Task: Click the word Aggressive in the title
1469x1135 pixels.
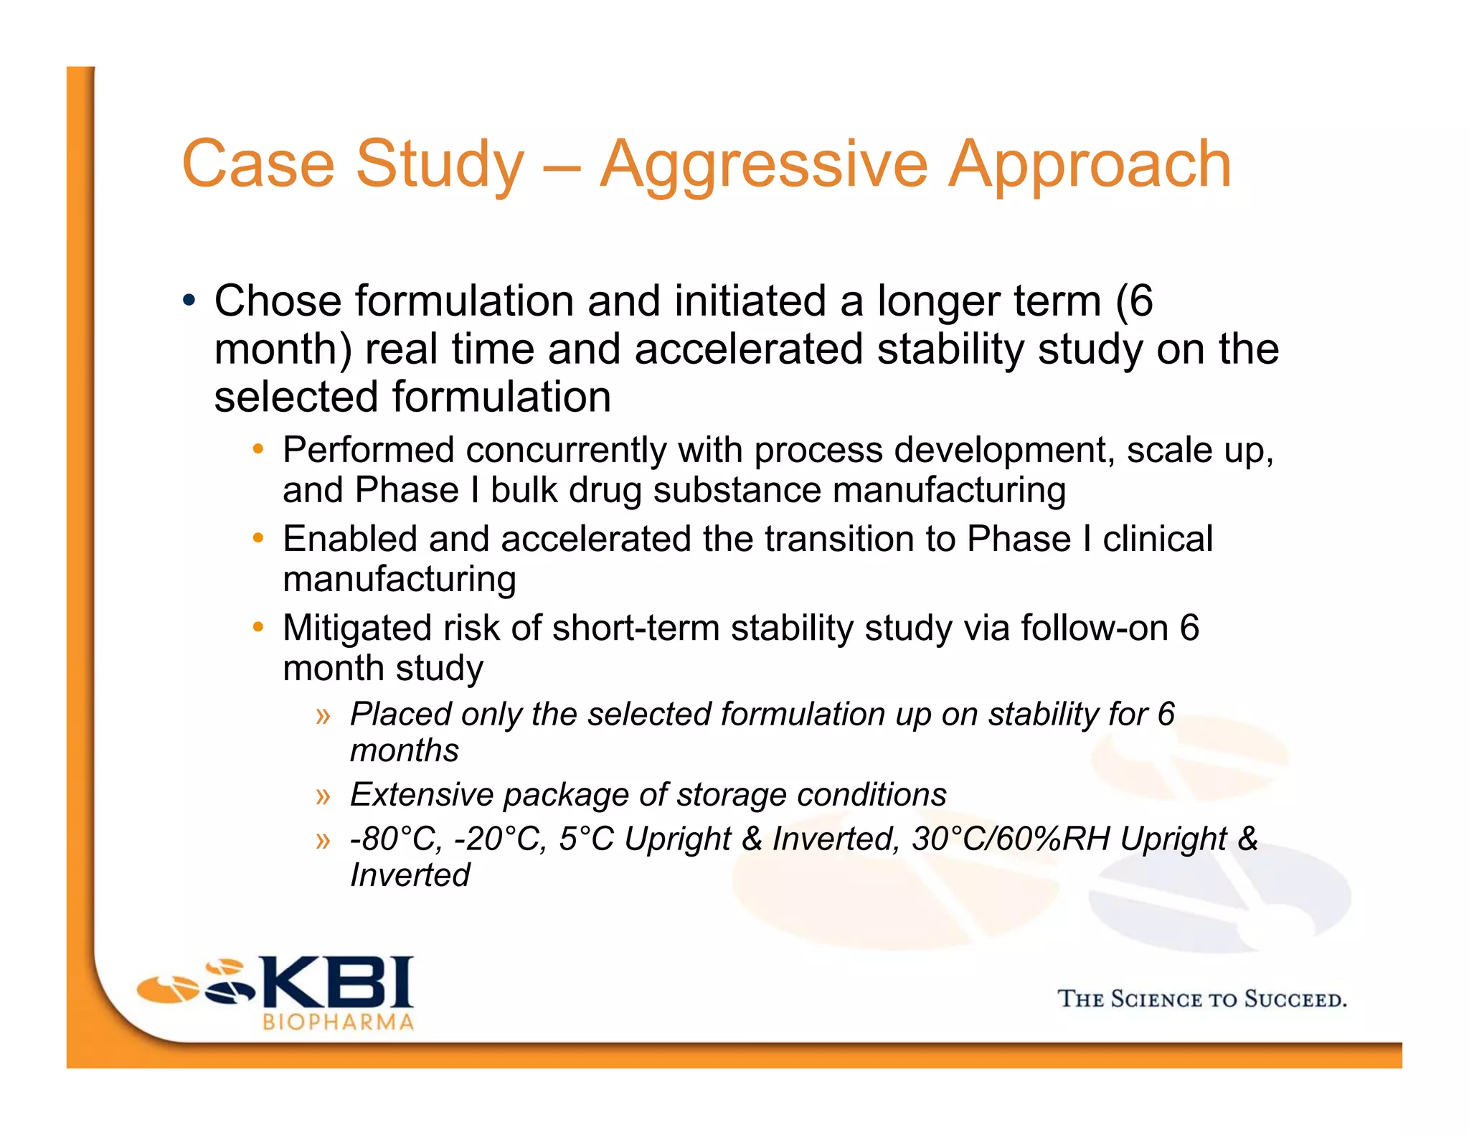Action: coord(763,165)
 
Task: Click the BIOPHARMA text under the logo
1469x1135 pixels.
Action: coord(339,1022)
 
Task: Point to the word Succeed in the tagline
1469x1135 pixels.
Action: coord(1295,999)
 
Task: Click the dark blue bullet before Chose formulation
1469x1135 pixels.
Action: coord(189,299)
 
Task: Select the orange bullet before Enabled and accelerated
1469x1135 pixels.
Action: coord(258,538)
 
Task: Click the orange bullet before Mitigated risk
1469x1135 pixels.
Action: coord(258,627)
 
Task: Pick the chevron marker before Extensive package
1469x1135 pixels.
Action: coord(323,796)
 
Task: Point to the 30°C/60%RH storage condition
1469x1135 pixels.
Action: coord(1011,839)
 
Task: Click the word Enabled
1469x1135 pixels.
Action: coord(350,539)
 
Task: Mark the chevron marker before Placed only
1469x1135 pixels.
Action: coord(323,715)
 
